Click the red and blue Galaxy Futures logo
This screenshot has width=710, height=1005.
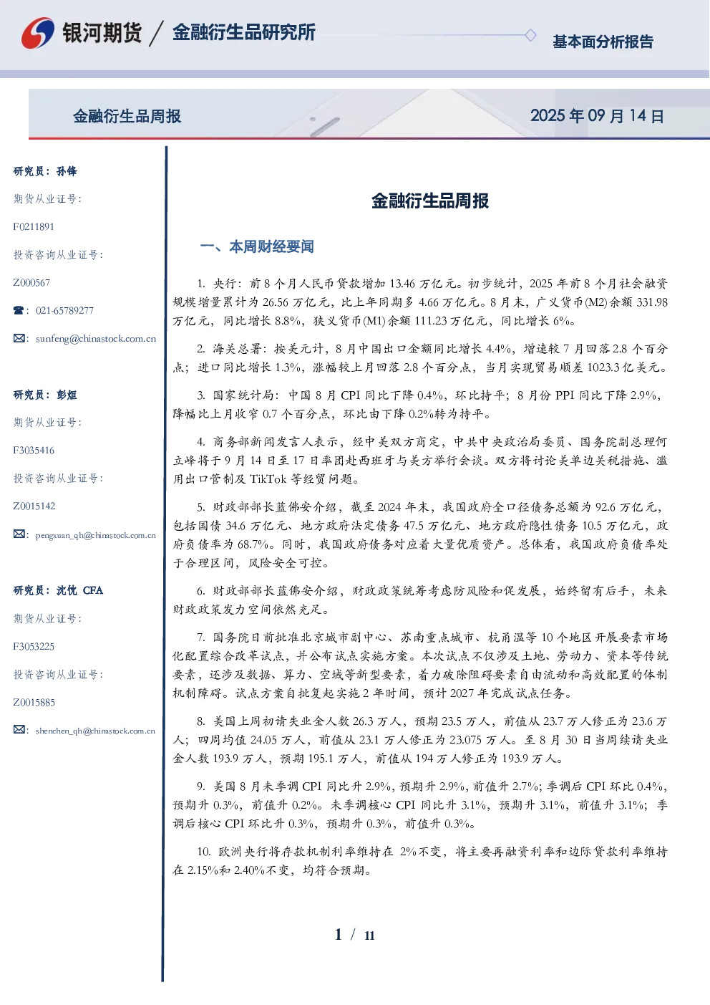[38, 32]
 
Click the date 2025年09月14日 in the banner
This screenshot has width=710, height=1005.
[597, 116]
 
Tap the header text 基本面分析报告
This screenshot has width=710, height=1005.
[603, 42]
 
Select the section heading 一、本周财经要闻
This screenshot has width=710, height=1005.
[257, 246]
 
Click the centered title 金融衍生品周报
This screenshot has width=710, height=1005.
[430, 201]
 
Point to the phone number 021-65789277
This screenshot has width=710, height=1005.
[64, 310]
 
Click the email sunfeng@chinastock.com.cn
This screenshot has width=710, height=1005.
[96, 339]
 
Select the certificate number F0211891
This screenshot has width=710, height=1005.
[34, 226]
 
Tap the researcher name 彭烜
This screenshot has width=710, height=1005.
[67, 395]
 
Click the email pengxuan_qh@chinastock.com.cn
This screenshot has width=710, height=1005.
[96, 535]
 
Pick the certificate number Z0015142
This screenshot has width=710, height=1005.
[34, 506]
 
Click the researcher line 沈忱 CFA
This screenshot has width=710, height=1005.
[79, 590]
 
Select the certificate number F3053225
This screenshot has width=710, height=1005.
[34, 647]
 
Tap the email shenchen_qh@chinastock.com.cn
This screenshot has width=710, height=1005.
[95, 731]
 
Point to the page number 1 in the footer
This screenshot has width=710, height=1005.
[339, 935]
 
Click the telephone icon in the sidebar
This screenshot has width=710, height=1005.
[19, 310]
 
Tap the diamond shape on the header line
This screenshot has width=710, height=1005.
[530, 35]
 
